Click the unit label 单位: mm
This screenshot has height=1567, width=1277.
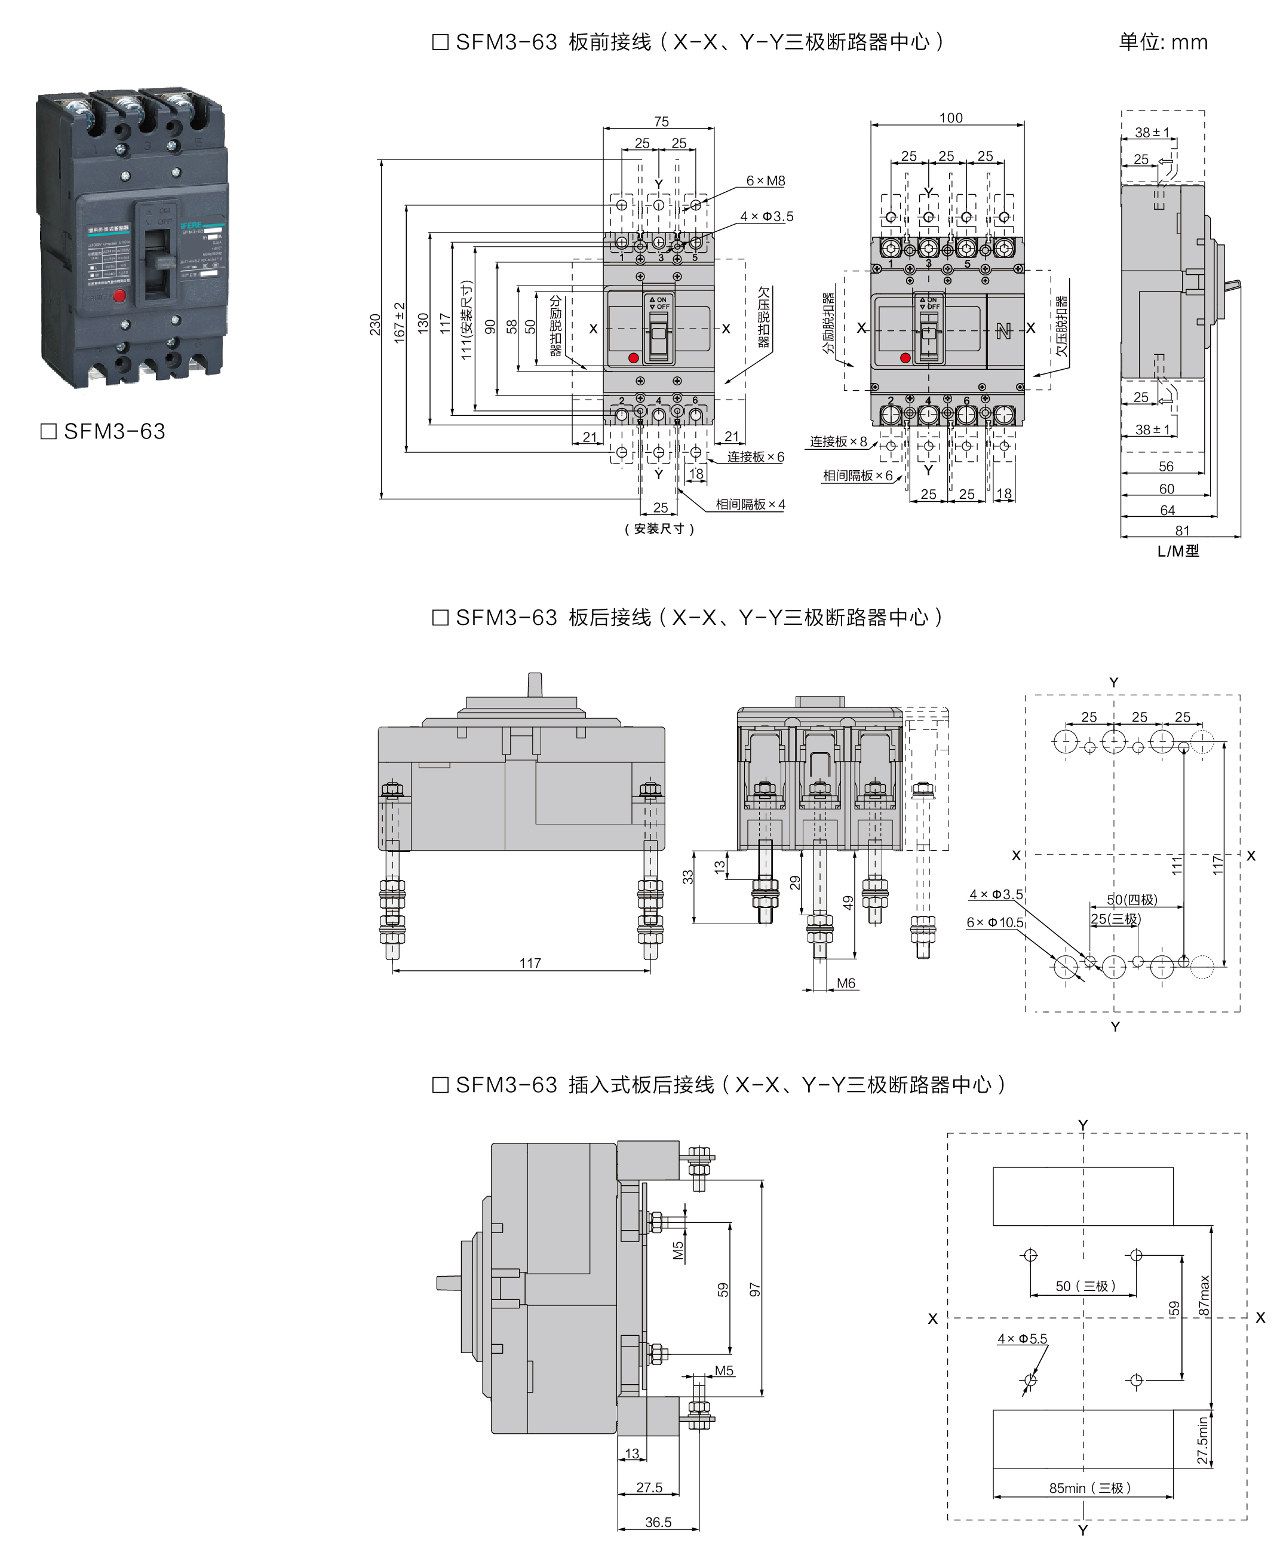point(1162,42)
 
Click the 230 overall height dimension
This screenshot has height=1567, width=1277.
point(374,324)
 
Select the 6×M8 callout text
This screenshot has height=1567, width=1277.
point(765,181)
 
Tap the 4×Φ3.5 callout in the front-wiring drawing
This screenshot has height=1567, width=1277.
point(766,216)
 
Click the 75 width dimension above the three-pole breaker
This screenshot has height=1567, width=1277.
point(661,121)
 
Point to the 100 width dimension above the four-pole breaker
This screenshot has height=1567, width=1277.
point(950,118)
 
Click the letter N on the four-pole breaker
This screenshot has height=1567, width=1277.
point(1003,332)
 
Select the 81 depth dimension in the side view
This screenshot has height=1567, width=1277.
point(1181,530)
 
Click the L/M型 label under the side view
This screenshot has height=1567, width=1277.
point(1178,551)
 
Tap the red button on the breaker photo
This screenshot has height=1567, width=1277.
point(119,296)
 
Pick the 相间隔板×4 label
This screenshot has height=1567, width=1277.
point(750,505)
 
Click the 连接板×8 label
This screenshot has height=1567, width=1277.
point(838,441)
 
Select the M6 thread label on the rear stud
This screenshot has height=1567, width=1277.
point(845,983)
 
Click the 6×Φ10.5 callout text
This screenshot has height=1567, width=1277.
point(994,922)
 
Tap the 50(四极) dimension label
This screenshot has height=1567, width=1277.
point(1131,900)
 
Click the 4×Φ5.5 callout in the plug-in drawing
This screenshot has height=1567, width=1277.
point(1022,1339)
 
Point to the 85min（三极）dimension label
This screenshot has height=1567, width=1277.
point(1089,1488)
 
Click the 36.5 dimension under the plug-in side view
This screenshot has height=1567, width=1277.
point(658,1522)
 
